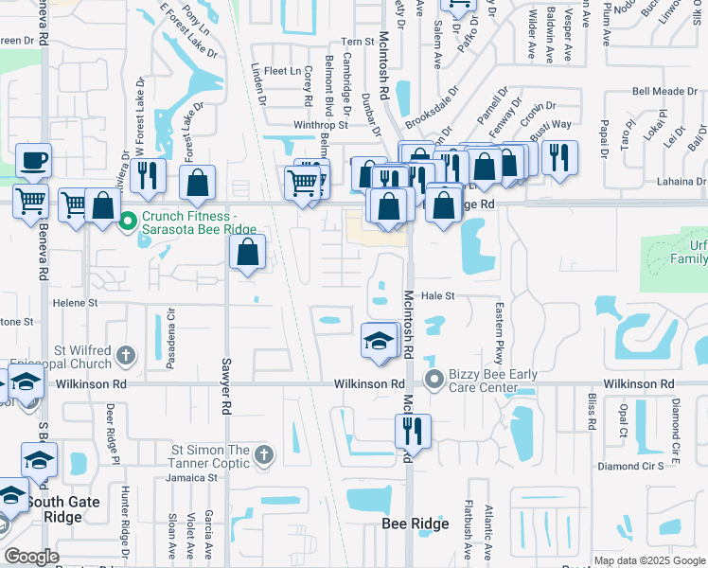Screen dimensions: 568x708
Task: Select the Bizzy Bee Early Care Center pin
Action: (434, 382)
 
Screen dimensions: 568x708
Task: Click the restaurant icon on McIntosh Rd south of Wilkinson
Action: (413, 431)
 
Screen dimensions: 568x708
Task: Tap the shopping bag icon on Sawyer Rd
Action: (247, 252)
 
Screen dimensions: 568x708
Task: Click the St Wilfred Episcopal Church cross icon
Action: (126, 356)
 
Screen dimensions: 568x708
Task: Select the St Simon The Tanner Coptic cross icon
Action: (264, 456)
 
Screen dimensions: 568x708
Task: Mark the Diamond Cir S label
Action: (630, 467)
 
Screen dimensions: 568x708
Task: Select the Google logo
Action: (31, 557)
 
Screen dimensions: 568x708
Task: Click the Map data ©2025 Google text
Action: (649, 560)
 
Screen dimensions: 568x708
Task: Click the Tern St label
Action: (359, 42)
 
